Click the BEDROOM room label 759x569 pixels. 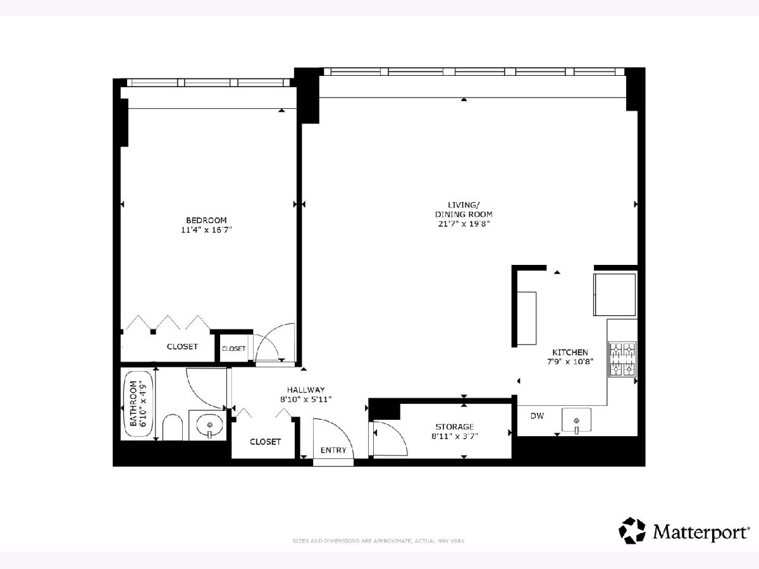point(206,220)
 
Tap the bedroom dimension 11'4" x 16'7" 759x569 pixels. point(206,229)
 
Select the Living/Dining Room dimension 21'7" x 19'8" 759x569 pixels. point(464,224)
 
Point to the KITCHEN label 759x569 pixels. point(570,352)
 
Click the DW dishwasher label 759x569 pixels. point(537,416)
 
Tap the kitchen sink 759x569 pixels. point(576,420)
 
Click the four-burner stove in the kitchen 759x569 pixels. point(622,359)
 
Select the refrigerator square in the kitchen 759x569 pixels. point(614,295)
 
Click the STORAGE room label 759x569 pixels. point(454,427)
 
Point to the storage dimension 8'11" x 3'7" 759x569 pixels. point(454,436)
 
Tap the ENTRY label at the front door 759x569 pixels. point(333,450)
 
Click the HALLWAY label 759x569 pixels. point(306,389)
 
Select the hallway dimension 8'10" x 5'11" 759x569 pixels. point(306,400)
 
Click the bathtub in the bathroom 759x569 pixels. point(139,404)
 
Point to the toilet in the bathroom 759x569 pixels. point(172,427)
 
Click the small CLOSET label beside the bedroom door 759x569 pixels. point(233,349)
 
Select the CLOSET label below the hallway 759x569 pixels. point(265,441)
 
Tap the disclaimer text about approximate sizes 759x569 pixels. point(379,541)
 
